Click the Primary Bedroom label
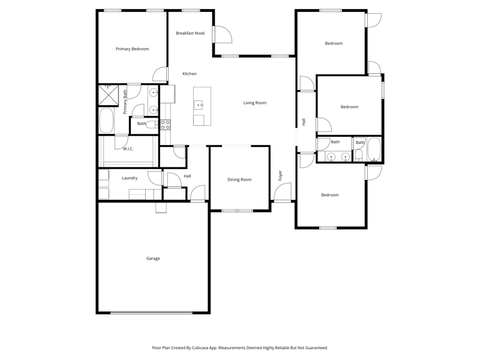point(132,49)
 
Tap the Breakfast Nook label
point(190,33)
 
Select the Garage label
point(153,259)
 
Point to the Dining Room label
point(239,179)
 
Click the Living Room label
point(254,103)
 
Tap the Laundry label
point(130,178)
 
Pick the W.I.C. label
point(128,149)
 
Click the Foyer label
point(280,176)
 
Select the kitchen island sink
point(199,104)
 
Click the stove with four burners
point(166,125)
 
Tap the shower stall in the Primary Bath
point(108,95)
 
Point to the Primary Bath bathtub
point(106,121)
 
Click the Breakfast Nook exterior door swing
point(223,34)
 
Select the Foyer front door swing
point(282,192)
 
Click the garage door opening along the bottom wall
point(152,313)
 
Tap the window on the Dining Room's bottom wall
point(238,211)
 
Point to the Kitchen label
point(190,74)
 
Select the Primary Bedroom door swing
point(160,74)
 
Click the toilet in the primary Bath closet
point(152,125)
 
